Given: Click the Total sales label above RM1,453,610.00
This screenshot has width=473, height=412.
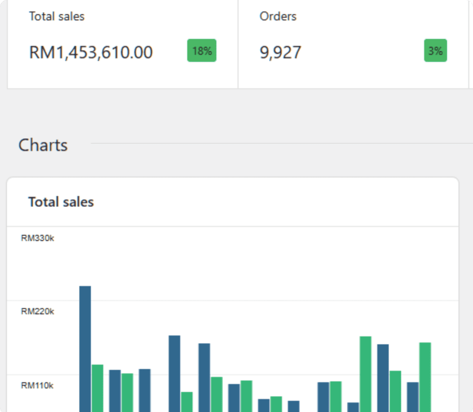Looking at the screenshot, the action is (x=57, y=16).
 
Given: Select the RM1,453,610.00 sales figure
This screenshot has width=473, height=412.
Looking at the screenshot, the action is (x=91, y=52).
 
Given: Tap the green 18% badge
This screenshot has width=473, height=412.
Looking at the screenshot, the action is (x=202, y=50).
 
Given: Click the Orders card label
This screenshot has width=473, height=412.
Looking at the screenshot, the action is (x=278, y=16).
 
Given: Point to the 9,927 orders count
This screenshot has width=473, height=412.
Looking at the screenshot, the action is (x=280, y=52).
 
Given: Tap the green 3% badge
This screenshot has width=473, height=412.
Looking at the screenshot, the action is (x=436, y=50).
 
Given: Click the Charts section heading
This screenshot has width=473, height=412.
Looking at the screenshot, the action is (x=43, y=145).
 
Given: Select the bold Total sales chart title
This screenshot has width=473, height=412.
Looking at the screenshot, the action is (x=61, y=202).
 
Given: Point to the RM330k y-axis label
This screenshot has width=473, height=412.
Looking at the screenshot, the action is (x=37, y=238).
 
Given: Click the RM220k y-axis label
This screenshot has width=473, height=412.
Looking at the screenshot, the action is (x=37, y=311).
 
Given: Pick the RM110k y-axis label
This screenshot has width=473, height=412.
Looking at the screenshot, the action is (x=37, y=385).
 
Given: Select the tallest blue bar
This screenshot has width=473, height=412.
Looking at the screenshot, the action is (x=85, y=349).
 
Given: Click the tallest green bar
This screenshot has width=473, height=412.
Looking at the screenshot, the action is (x=366, y=374).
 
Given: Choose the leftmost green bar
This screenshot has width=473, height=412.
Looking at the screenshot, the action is (x=97, y=388).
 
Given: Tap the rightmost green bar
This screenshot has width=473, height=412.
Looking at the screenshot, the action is (x=425, y=377).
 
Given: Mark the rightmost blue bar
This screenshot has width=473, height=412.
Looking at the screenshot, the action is (x=412, y=397).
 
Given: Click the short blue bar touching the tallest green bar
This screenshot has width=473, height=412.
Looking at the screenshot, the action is (x=353, y=407).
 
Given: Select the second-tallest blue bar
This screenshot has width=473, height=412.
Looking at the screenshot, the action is (x=174, y=374).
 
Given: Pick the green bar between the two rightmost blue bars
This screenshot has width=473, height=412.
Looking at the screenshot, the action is (x=395, y=391).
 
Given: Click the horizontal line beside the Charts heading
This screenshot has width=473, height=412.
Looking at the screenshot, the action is (x=282, y=143).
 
